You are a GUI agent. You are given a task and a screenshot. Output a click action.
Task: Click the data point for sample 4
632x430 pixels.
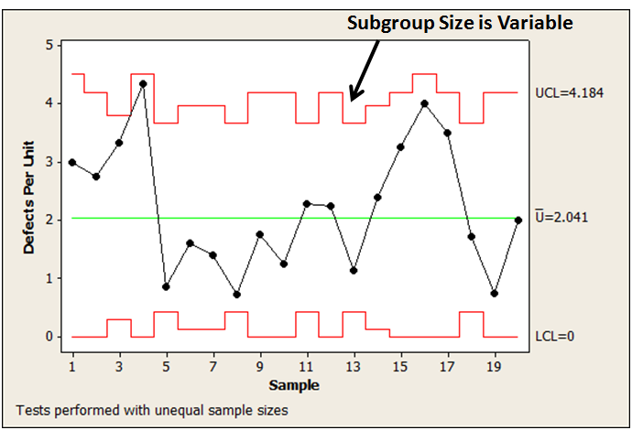[143, 83]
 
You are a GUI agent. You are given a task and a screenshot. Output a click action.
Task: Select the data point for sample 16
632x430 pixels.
[424, 103]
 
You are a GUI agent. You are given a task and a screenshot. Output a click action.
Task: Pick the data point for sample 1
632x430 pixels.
[72, 162]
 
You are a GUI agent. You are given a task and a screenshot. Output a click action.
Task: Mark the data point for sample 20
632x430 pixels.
[518, 220]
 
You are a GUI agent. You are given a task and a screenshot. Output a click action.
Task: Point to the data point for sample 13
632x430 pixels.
[354, 271]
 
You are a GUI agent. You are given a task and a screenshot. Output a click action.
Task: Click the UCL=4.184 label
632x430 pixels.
[569, 93]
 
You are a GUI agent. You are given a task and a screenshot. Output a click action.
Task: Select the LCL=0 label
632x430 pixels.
[556, 337]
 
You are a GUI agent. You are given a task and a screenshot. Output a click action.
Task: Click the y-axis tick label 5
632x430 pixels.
[48, 45]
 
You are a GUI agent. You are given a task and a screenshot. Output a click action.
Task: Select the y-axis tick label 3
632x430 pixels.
[48, 162]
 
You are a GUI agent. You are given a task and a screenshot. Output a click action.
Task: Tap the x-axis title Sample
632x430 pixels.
[296, 385]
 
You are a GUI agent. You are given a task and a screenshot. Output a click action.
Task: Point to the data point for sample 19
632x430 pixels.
[495, 294]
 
